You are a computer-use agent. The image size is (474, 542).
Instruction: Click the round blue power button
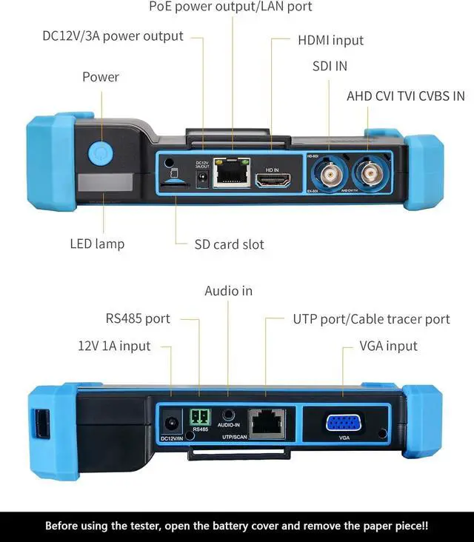tap(99, 153)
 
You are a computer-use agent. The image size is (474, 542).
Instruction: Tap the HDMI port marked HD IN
tap(272, 180)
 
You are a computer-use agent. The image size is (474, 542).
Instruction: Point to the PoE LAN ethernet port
tap(231, 173)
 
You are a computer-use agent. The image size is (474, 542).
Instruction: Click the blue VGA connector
tap(343, 423)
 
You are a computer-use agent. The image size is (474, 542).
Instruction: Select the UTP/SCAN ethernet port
tap(265, 423)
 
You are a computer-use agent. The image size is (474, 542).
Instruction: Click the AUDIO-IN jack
tap(228, 416)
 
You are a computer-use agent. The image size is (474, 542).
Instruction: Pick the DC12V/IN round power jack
tap(172, 423)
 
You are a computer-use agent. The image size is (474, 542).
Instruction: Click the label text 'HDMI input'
tap(330, 40)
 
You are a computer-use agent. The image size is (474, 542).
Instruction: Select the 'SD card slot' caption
tap(229, 244)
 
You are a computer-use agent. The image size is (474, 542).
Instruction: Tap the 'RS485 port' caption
tap(138, 319)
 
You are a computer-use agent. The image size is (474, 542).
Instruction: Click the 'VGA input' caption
tap(388, 346)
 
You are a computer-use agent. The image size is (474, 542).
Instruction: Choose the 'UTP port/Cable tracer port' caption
tap(371, 319)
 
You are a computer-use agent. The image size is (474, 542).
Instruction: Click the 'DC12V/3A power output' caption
tap(113, 36)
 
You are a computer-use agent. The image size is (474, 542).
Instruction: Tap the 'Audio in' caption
tap(228, 291)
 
